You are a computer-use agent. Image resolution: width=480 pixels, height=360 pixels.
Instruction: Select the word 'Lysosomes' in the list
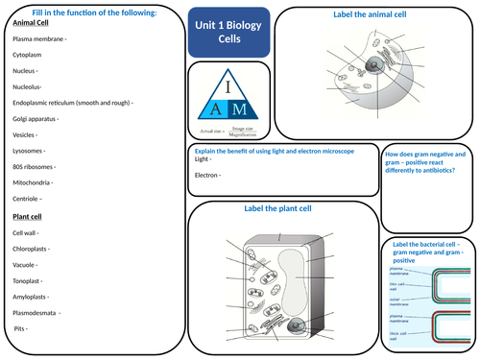pos(30,150)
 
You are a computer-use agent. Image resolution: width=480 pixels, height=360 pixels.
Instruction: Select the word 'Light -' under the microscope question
pos(203,159)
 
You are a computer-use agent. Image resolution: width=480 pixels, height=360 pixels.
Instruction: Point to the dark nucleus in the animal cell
pos(370,67)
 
